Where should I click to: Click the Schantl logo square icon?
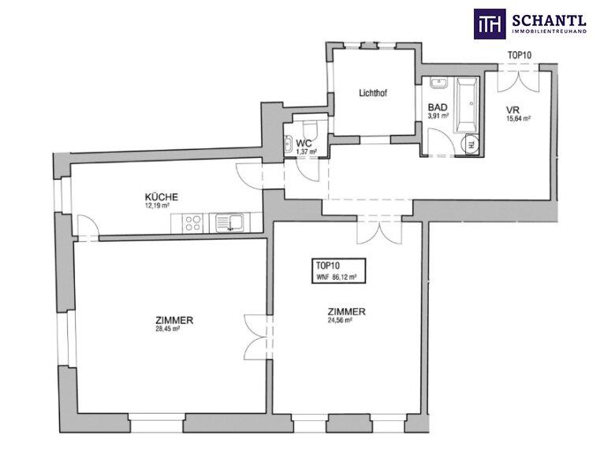coord(490,24)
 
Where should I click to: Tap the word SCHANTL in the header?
coord(549,20)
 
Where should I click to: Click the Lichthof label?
coord(373,92)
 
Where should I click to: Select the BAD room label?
coord(438,107)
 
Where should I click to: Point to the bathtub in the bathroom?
coord(466,105)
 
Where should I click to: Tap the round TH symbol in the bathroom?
coord(470,144)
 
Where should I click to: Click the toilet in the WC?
coord(309,130)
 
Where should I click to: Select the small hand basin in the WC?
coord(289,143)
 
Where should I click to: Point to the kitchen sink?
coord(229,223)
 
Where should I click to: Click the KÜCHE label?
coord(161,197)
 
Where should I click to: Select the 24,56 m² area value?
coord(340,320)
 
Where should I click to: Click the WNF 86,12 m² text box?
coord(339,272)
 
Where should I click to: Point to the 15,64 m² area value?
coord(519,118)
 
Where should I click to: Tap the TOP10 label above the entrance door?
coord(520,55)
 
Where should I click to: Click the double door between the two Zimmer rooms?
coord(255,337)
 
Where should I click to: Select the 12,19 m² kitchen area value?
coord(155,206)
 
